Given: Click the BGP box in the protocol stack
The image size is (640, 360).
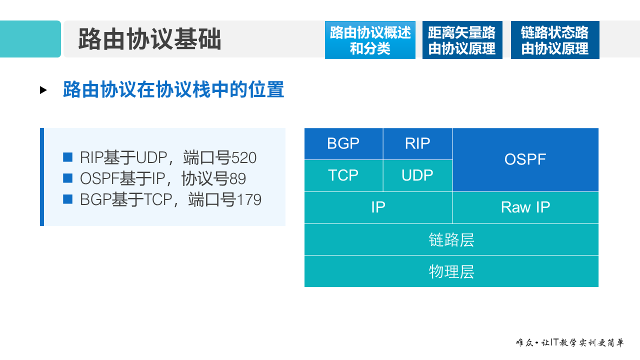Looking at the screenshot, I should pyautogui.click(x=343, y=144).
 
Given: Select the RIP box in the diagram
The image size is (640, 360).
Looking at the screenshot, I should pyautogui.click(x=417, y=144).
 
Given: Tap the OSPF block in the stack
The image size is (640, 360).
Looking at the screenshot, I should pyautogui.click(x=525, y=159).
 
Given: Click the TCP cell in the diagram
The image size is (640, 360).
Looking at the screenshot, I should pyautogui.click(x=343, y=175).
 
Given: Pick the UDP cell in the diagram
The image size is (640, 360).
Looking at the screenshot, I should pyautogui.click(x=417, y=175).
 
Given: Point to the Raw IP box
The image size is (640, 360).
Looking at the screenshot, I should pyautogui.click(x=525, y=207).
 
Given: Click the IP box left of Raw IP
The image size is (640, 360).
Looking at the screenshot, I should pyautogui.click(x=378, y=207).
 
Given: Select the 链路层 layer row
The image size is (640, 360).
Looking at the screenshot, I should pyautogui.click(x=451, y=239).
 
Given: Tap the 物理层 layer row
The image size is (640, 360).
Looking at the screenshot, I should pyautogui.click(x=451, y=271).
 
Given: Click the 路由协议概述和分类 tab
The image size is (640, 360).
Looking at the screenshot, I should pyautogui.click(x=370, y=40).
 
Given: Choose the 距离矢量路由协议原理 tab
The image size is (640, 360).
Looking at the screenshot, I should pyautogui.click(x=462, y=40).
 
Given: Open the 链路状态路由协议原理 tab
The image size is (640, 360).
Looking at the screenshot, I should pyautogui.click(x=555, y=40).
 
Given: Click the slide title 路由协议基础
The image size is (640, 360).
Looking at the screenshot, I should pyautogui.click(x=149, y=39).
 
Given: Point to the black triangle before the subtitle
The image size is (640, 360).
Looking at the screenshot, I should pyautogui.click(x=43, y=90).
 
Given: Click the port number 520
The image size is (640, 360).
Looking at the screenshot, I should pyautogui.click(x=244, y=158).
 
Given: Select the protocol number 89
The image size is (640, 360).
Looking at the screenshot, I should pyautogui.click(x=237, y=179).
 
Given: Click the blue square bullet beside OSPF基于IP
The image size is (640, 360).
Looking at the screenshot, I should pyautogui.click(x=68, y=178).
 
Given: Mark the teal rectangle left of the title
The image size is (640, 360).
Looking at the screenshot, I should pyautogui.click(x=30, y=39).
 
